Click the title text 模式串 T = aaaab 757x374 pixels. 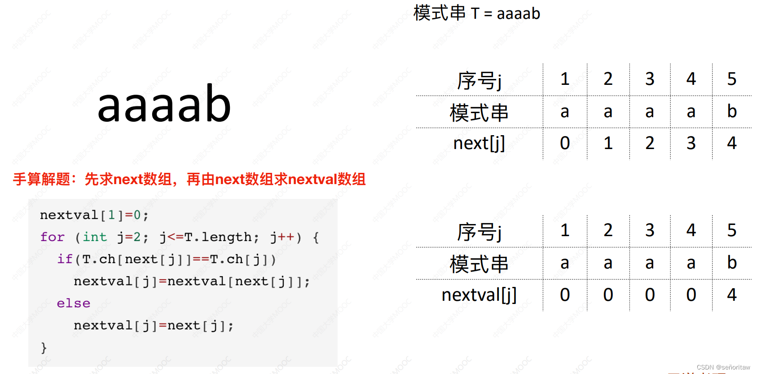477,13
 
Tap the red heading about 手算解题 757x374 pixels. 189,179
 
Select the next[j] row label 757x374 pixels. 479,143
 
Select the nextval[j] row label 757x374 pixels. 479,295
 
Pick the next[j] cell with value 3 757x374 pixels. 691,143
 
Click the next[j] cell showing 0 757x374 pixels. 565,143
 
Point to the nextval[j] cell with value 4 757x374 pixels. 732,295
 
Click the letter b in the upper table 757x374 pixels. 732,111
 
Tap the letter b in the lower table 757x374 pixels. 732,262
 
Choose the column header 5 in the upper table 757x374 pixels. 732,79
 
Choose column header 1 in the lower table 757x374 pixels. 565,230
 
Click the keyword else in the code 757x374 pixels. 73,304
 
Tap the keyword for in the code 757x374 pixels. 52,237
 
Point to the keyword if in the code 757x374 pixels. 65,259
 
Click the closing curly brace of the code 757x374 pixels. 44,348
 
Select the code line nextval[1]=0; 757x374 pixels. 94,215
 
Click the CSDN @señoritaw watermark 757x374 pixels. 723,367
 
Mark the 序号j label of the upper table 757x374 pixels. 479,80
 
